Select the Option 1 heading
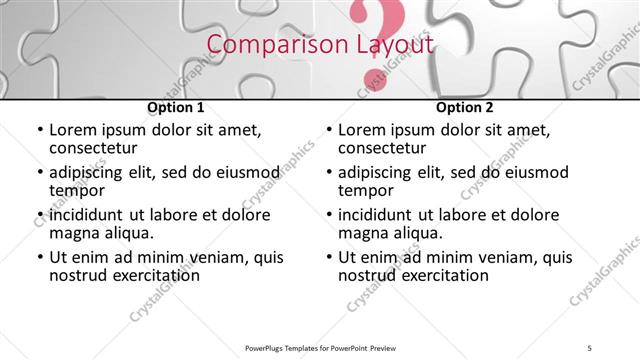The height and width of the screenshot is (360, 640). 176,107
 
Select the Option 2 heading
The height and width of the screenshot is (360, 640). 465,107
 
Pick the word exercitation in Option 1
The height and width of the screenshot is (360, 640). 143,275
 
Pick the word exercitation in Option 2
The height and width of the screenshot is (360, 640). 432,275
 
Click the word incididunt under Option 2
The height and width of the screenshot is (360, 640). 381,215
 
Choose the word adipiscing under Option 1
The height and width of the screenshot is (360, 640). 92,172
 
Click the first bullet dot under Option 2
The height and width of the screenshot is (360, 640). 328,130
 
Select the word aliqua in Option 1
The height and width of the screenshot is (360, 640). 127,233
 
